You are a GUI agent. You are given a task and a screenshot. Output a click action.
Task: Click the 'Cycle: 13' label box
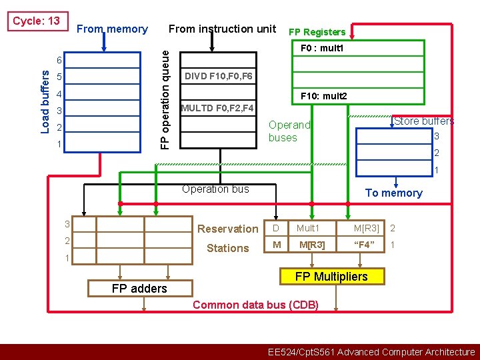coord(37,21)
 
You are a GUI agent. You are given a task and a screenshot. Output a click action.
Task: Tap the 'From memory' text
coord(112,29)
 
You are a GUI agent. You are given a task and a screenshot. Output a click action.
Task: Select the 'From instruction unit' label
coord(222,29)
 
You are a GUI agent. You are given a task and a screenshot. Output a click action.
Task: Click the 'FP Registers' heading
coord(317,32)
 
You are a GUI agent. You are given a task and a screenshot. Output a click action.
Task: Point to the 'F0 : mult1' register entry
coord(322,49)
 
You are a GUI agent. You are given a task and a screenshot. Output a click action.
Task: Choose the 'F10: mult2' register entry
coord(324,97)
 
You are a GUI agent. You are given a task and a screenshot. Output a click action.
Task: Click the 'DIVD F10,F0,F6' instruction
coord(219,76)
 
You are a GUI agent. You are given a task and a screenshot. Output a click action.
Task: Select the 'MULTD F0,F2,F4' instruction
coord(217,108)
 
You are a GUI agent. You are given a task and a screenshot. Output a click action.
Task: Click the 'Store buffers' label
coord(423,121)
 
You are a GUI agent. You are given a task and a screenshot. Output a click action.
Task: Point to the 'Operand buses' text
coord(289,131)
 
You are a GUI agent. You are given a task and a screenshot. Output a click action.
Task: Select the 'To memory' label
coord(393,193)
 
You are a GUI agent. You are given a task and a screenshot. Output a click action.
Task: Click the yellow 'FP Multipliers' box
coord(331,277)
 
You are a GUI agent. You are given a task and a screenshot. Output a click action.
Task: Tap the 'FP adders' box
coord(139,288)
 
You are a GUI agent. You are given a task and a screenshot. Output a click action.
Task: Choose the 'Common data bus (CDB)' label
coord(255,305)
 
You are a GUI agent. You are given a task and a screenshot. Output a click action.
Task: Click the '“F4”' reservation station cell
coord(366,245)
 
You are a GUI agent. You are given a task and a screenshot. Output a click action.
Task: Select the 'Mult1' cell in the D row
coord(308,229)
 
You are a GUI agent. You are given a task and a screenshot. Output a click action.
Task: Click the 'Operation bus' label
coord(215,189)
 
